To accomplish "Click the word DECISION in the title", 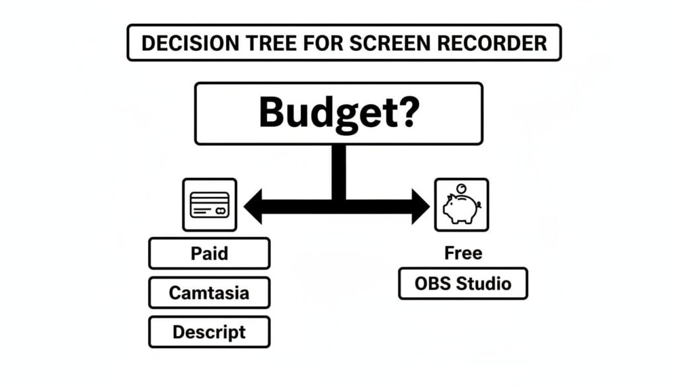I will pos(181,44).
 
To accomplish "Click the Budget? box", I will pos(338,113).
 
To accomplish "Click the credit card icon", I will pos(209,204).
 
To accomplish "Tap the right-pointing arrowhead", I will pos(420,206).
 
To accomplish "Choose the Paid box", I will pos(209,253).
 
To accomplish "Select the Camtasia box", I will pos(209,292).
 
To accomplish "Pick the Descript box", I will pos(209,331).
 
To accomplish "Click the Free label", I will pos(463,253).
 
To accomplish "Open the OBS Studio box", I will pos(463,284).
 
